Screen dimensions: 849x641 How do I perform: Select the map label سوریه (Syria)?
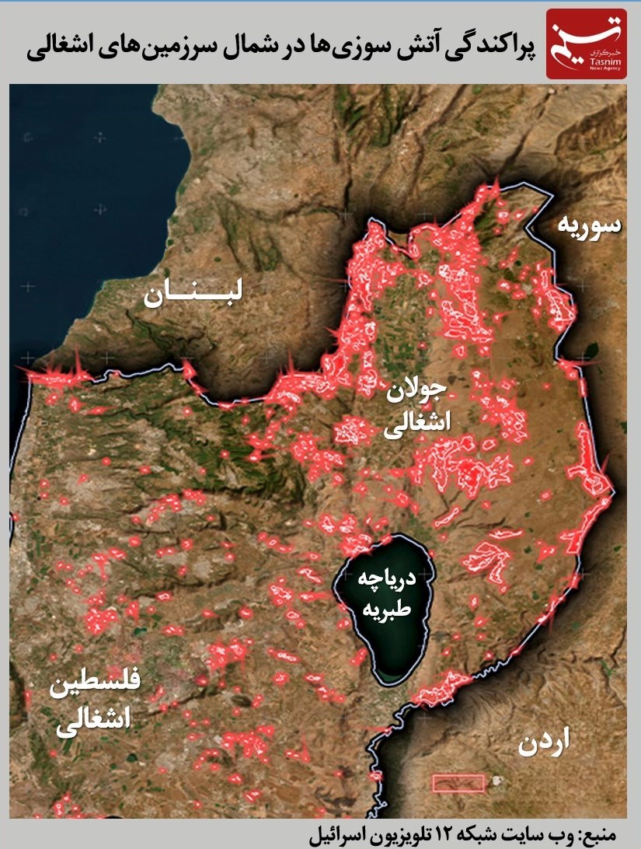pos(588,225)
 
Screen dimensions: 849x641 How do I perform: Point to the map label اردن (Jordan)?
pos(542,742)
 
